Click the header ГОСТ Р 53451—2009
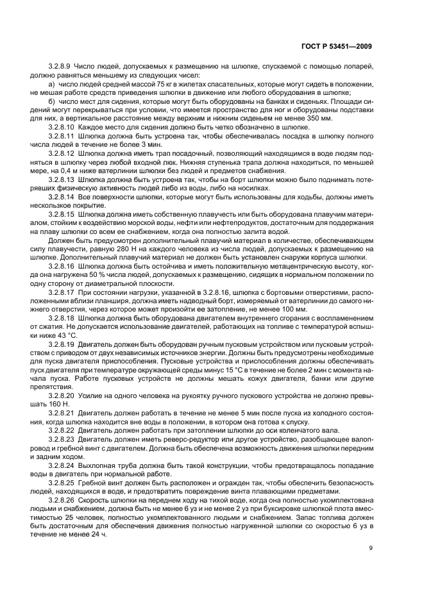(x=338, y=46)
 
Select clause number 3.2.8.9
(x=60, y=67)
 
